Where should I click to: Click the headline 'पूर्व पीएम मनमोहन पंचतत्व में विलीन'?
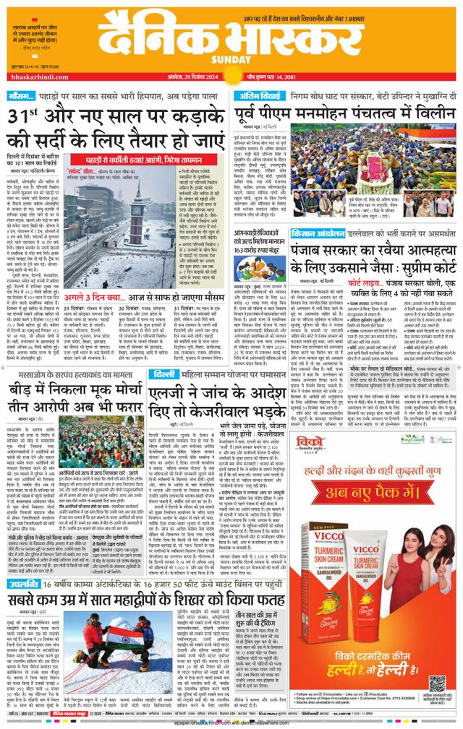pos(346,115)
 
